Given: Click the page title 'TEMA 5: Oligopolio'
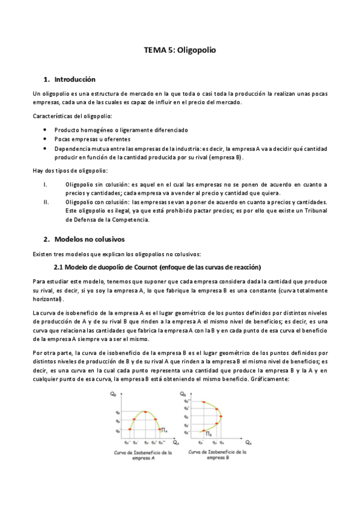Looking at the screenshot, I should (x=180, y=51).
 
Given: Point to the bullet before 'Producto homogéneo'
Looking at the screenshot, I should (x=46, y=129).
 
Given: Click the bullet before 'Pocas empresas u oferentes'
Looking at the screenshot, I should (x=46, y=139).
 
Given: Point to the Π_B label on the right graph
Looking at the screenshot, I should (x=209, y=434).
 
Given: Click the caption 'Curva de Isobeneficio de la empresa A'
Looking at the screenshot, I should (x=142, y=455).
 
